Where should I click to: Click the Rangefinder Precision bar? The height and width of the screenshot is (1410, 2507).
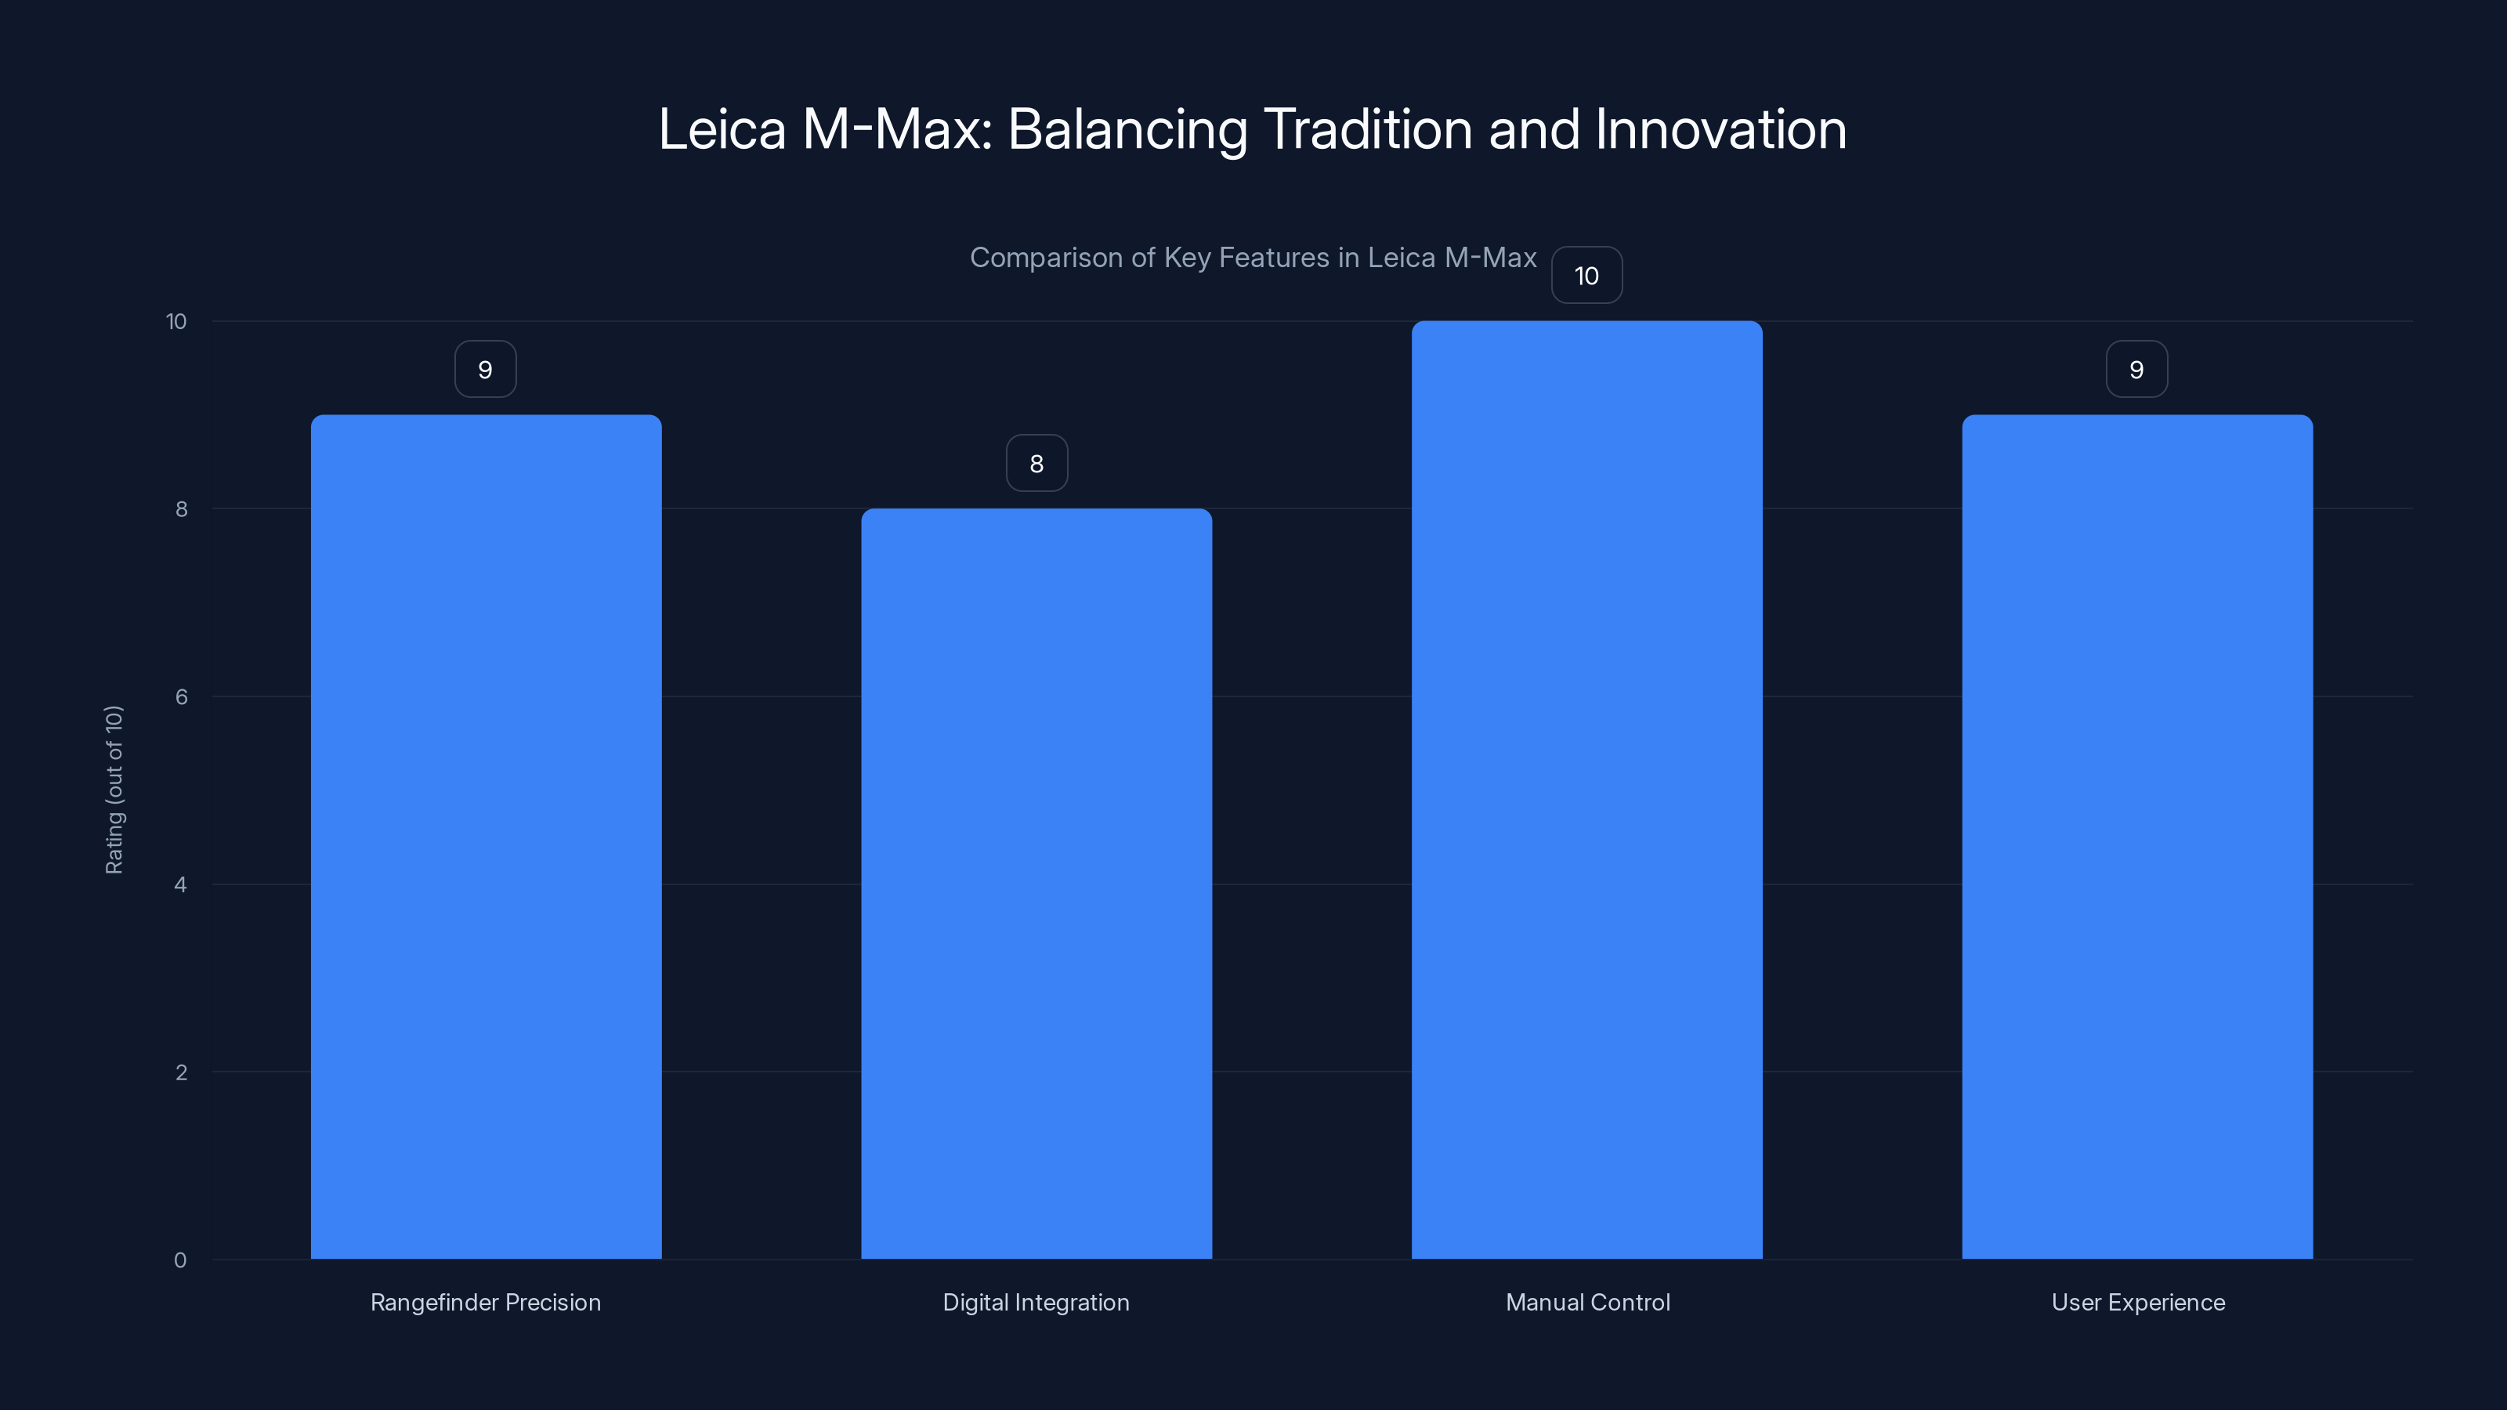[486, 837]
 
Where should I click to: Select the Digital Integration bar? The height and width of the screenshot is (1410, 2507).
[1036, 884]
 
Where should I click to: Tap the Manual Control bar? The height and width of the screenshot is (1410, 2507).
[1586, 790]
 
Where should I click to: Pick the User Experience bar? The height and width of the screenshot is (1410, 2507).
[2137, 837]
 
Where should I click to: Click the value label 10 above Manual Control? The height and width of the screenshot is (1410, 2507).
[1586, 276]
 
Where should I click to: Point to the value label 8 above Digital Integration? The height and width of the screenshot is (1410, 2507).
[1036, 463]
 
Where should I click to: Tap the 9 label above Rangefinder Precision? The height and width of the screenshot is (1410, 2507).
[486, 370]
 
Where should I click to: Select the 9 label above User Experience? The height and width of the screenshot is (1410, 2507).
[2137, 370]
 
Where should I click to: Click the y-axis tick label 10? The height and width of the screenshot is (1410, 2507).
[176, 322]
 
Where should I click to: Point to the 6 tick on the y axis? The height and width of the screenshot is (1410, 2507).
[181, 696]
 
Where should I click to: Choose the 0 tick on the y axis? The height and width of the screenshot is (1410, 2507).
[180, 1260]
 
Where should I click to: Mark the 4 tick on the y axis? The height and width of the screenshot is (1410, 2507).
[180, 884]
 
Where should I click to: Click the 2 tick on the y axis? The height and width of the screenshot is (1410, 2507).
[181, 1072]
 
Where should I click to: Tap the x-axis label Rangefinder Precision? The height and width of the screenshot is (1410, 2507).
[486, 1303]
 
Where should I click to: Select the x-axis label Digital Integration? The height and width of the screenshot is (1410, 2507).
[1036, 1303]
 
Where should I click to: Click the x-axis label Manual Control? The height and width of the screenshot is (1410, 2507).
[1587, 1302]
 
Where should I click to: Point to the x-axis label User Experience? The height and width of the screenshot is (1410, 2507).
[2138, 1303]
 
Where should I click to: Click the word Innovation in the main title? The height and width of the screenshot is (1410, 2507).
[1720, 129]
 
